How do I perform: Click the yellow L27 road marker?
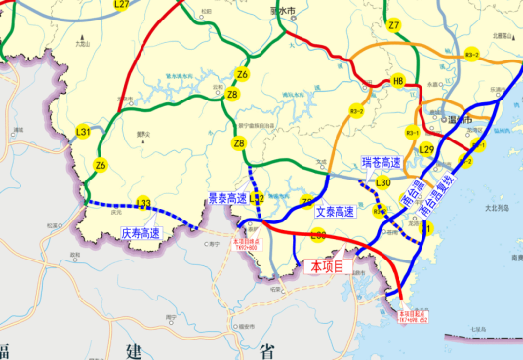122,5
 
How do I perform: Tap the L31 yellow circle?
85,132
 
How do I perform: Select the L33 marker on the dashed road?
143,204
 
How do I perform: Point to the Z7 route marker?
393,25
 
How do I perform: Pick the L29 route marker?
426,149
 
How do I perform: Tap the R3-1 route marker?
412,132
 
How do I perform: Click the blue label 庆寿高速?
141,234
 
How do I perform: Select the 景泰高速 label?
227,198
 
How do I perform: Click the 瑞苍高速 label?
382,161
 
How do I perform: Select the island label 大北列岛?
498,207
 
